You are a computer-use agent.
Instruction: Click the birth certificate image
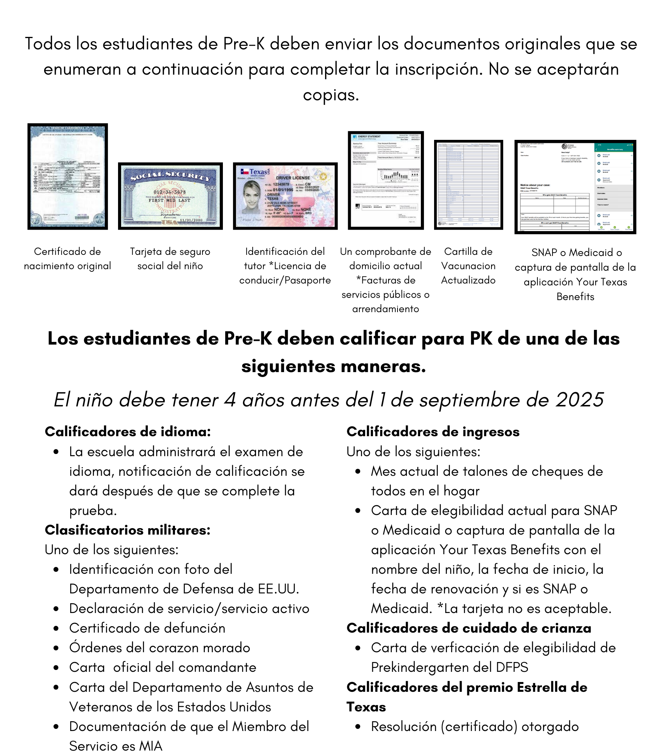coord(68,176)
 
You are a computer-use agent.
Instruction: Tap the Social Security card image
coord(170,196)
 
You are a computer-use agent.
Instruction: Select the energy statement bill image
coord(386,180)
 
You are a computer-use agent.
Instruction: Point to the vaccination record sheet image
coord(468,185)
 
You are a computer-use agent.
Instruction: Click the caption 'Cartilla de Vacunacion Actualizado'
coord(468,266)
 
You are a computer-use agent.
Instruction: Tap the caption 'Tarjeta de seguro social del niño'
coord(170,259)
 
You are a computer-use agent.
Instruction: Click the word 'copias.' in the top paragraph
coord(331,95)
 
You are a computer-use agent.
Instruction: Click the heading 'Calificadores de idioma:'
coord(127,432)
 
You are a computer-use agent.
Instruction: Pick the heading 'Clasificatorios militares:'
coord(127,530)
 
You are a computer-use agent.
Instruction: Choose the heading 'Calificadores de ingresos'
coord(433,432)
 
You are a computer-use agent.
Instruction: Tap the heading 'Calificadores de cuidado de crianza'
coord(469,628)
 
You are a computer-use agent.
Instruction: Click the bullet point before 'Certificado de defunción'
coord(56,628)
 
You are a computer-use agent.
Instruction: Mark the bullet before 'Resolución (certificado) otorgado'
coord(358,726)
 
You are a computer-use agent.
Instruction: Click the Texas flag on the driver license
coord(244,172)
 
